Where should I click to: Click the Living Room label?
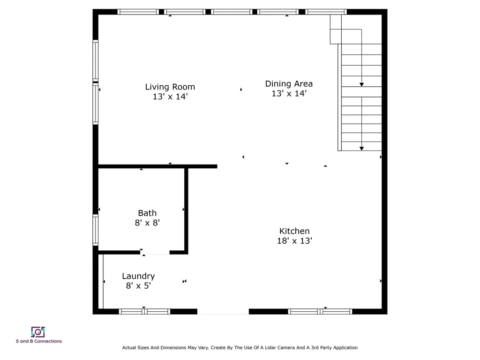click(170, 87)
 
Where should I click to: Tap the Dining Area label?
click(289, 84)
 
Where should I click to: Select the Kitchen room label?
click(294, 231)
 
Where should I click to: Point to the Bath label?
click(147, 213)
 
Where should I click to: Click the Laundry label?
click(138, 276)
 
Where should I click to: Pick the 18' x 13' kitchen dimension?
click(294, 241)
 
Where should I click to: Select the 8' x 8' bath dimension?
click(147, 223)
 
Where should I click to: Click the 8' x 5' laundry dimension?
click(138, 285)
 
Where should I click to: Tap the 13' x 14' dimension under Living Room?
click(170, 97)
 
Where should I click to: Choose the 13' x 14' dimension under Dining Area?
click(289, 94)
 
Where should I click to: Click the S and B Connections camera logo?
click(38, 332)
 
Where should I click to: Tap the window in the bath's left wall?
click(96, 230)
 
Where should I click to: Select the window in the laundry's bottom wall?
click(144, 311)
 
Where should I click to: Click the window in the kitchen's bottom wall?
click(320, 311)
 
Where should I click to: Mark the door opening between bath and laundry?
click(155, 252)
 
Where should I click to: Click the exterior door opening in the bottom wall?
click(223, 311)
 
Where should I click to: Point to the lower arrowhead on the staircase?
click(361, 149)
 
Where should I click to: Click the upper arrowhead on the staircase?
click(361, 84)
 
